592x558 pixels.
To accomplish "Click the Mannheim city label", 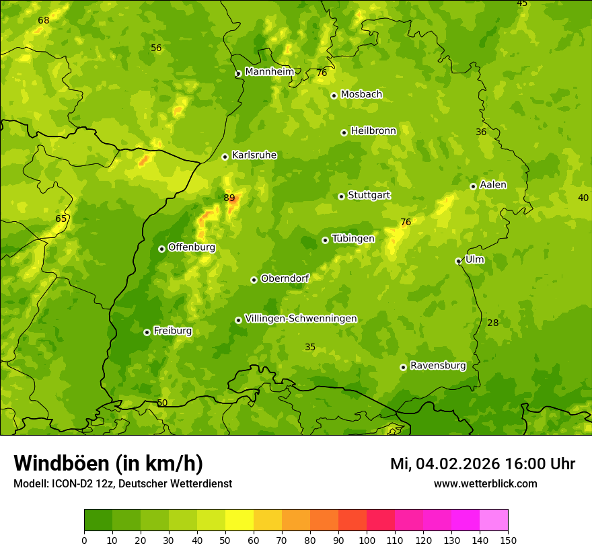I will click(x=269, y=72).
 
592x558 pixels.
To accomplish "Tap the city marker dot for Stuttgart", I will click(x=341, y=196).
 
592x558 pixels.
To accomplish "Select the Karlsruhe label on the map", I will click(x=254, y=155).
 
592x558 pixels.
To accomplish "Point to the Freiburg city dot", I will click(x=147, y=332).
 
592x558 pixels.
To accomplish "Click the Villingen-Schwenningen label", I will click(x=301, y=319).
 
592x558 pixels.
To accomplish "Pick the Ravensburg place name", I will click(x=438, y=366).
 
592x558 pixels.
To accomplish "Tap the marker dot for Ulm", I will click(x=458, y=261).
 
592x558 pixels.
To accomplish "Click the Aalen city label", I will click(x=493, y=185).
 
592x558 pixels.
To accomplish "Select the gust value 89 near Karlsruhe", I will click(x=229, y=198).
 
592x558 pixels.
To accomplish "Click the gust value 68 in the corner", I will click(x=44, y=20).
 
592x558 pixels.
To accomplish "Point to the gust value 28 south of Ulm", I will click(x=493, y=323).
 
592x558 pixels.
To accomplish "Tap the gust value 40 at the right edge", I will click(x=583, y=197).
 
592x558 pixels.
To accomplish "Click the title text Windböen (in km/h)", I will click(x=108, y=463).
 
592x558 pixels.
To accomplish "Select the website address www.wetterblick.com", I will click(x=485, y=483).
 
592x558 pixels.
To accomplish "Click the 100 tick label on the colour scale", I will click(x=367, y=540).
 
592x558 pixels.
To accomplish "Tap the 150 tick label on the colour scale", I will click(x=508, y=540).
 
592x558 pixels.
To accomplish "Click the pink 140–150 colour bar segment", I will click(x=494, y=520).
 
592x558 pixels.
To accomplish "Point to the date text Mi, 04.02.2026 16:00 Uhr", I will click(x=482, y=464).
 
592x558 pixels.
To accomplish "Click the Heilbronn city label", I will click(x=373, y=131).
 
